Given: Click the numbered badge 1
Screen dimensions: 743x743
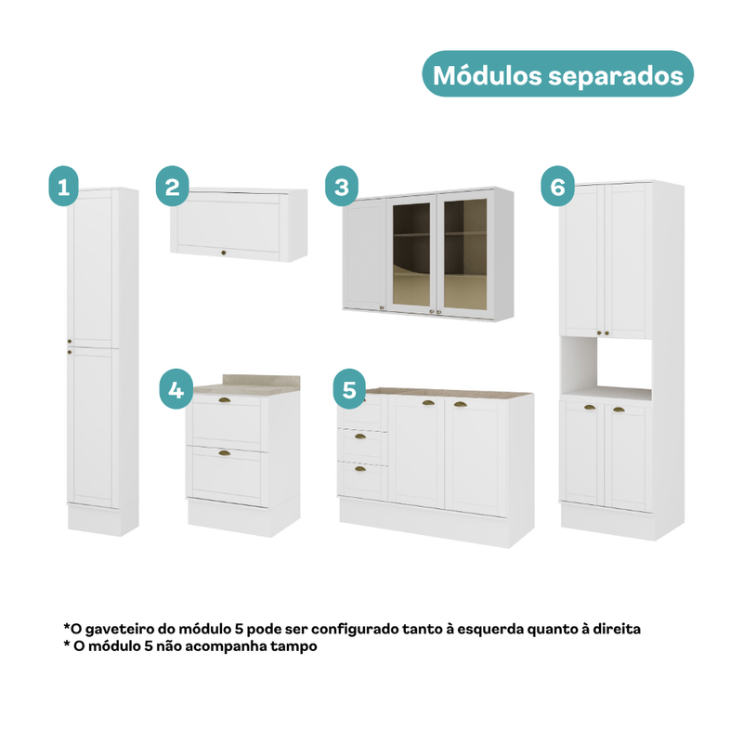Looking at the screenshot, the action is [63, 186].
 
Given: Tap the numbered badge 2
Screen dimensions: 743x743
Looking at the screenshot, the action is [173, 186].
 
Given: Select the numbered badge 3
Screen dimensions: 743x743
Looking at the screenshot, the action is [342, 186].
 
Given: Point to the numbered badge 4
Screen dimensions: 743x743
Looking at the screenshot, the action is [176, 389].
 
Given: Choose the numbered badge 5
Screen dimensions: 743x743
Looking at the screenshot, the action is [349, 389].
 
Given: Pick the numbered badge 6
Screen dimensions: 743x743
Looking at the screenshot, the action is [558, 186].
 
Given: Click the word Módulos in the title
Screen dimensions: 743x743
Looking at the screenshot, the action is [487, 75].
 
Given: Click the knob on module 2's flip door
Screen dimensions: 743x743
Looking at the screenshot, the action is [224, 253].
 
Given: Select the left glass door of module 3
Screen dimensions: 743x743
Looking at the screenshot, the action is [411, 254].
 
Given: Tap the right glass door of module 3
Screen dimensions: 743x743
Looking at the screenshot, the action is [465, 254].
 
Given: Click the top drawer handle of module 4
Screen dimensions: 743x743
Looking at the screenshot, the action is [224, 401].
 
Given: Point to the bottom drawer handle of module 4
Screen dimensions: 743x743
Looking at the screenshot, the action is [224, 453].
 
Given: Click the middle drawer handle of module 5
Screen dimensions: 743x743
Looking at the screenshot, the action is [360, 437].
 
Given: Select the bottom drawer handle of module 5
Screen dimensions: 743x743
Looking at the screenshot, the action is [360, 469].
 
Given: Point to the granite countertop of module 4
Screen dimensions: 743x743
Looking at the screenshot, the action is [246, 385].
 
